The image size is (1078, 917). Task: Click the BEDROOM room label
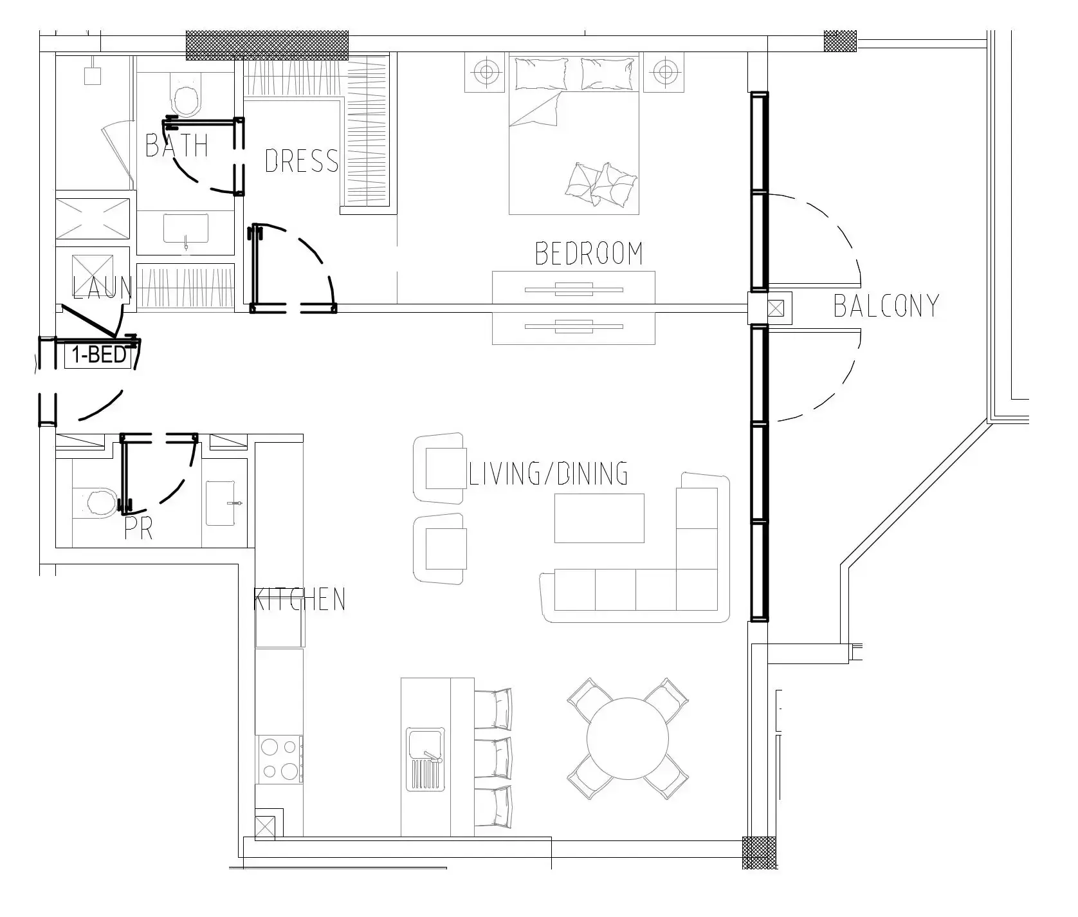pyautogui.click(x=589, y=254)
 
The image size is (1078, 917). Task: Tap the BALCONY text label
pyautogui.click(x=886, y=306)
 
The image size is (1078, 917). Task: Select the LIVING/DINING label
pyautogui.click(x=548, y=474)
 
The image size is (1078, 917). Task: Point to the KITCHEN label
pyautogui.click(x=300, y=600)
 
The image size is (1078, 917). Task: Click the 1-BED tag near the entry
pyautogui.click(x=100, y=355)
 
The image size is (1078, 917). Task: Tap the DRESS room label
pyautogui.click(x=301, y=161)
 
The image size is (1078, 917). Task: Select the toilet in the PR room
pyautogui.click(x=98, y=503)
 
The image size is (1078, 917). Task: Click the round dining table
pyautogui.click(x=628, y=739)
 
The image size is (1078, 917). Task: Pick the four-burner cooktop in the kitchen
pyautogui.click(x=280, y=759)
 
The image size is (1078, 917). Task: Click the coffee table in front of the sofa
pyautogui.click(x=599, y=518)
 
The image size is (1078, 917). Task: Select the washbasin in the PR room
pyautogui.click(x=224, y=502)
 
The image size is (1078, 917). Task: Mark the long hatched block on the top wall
pyautogui.click(x=267, y=46)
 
